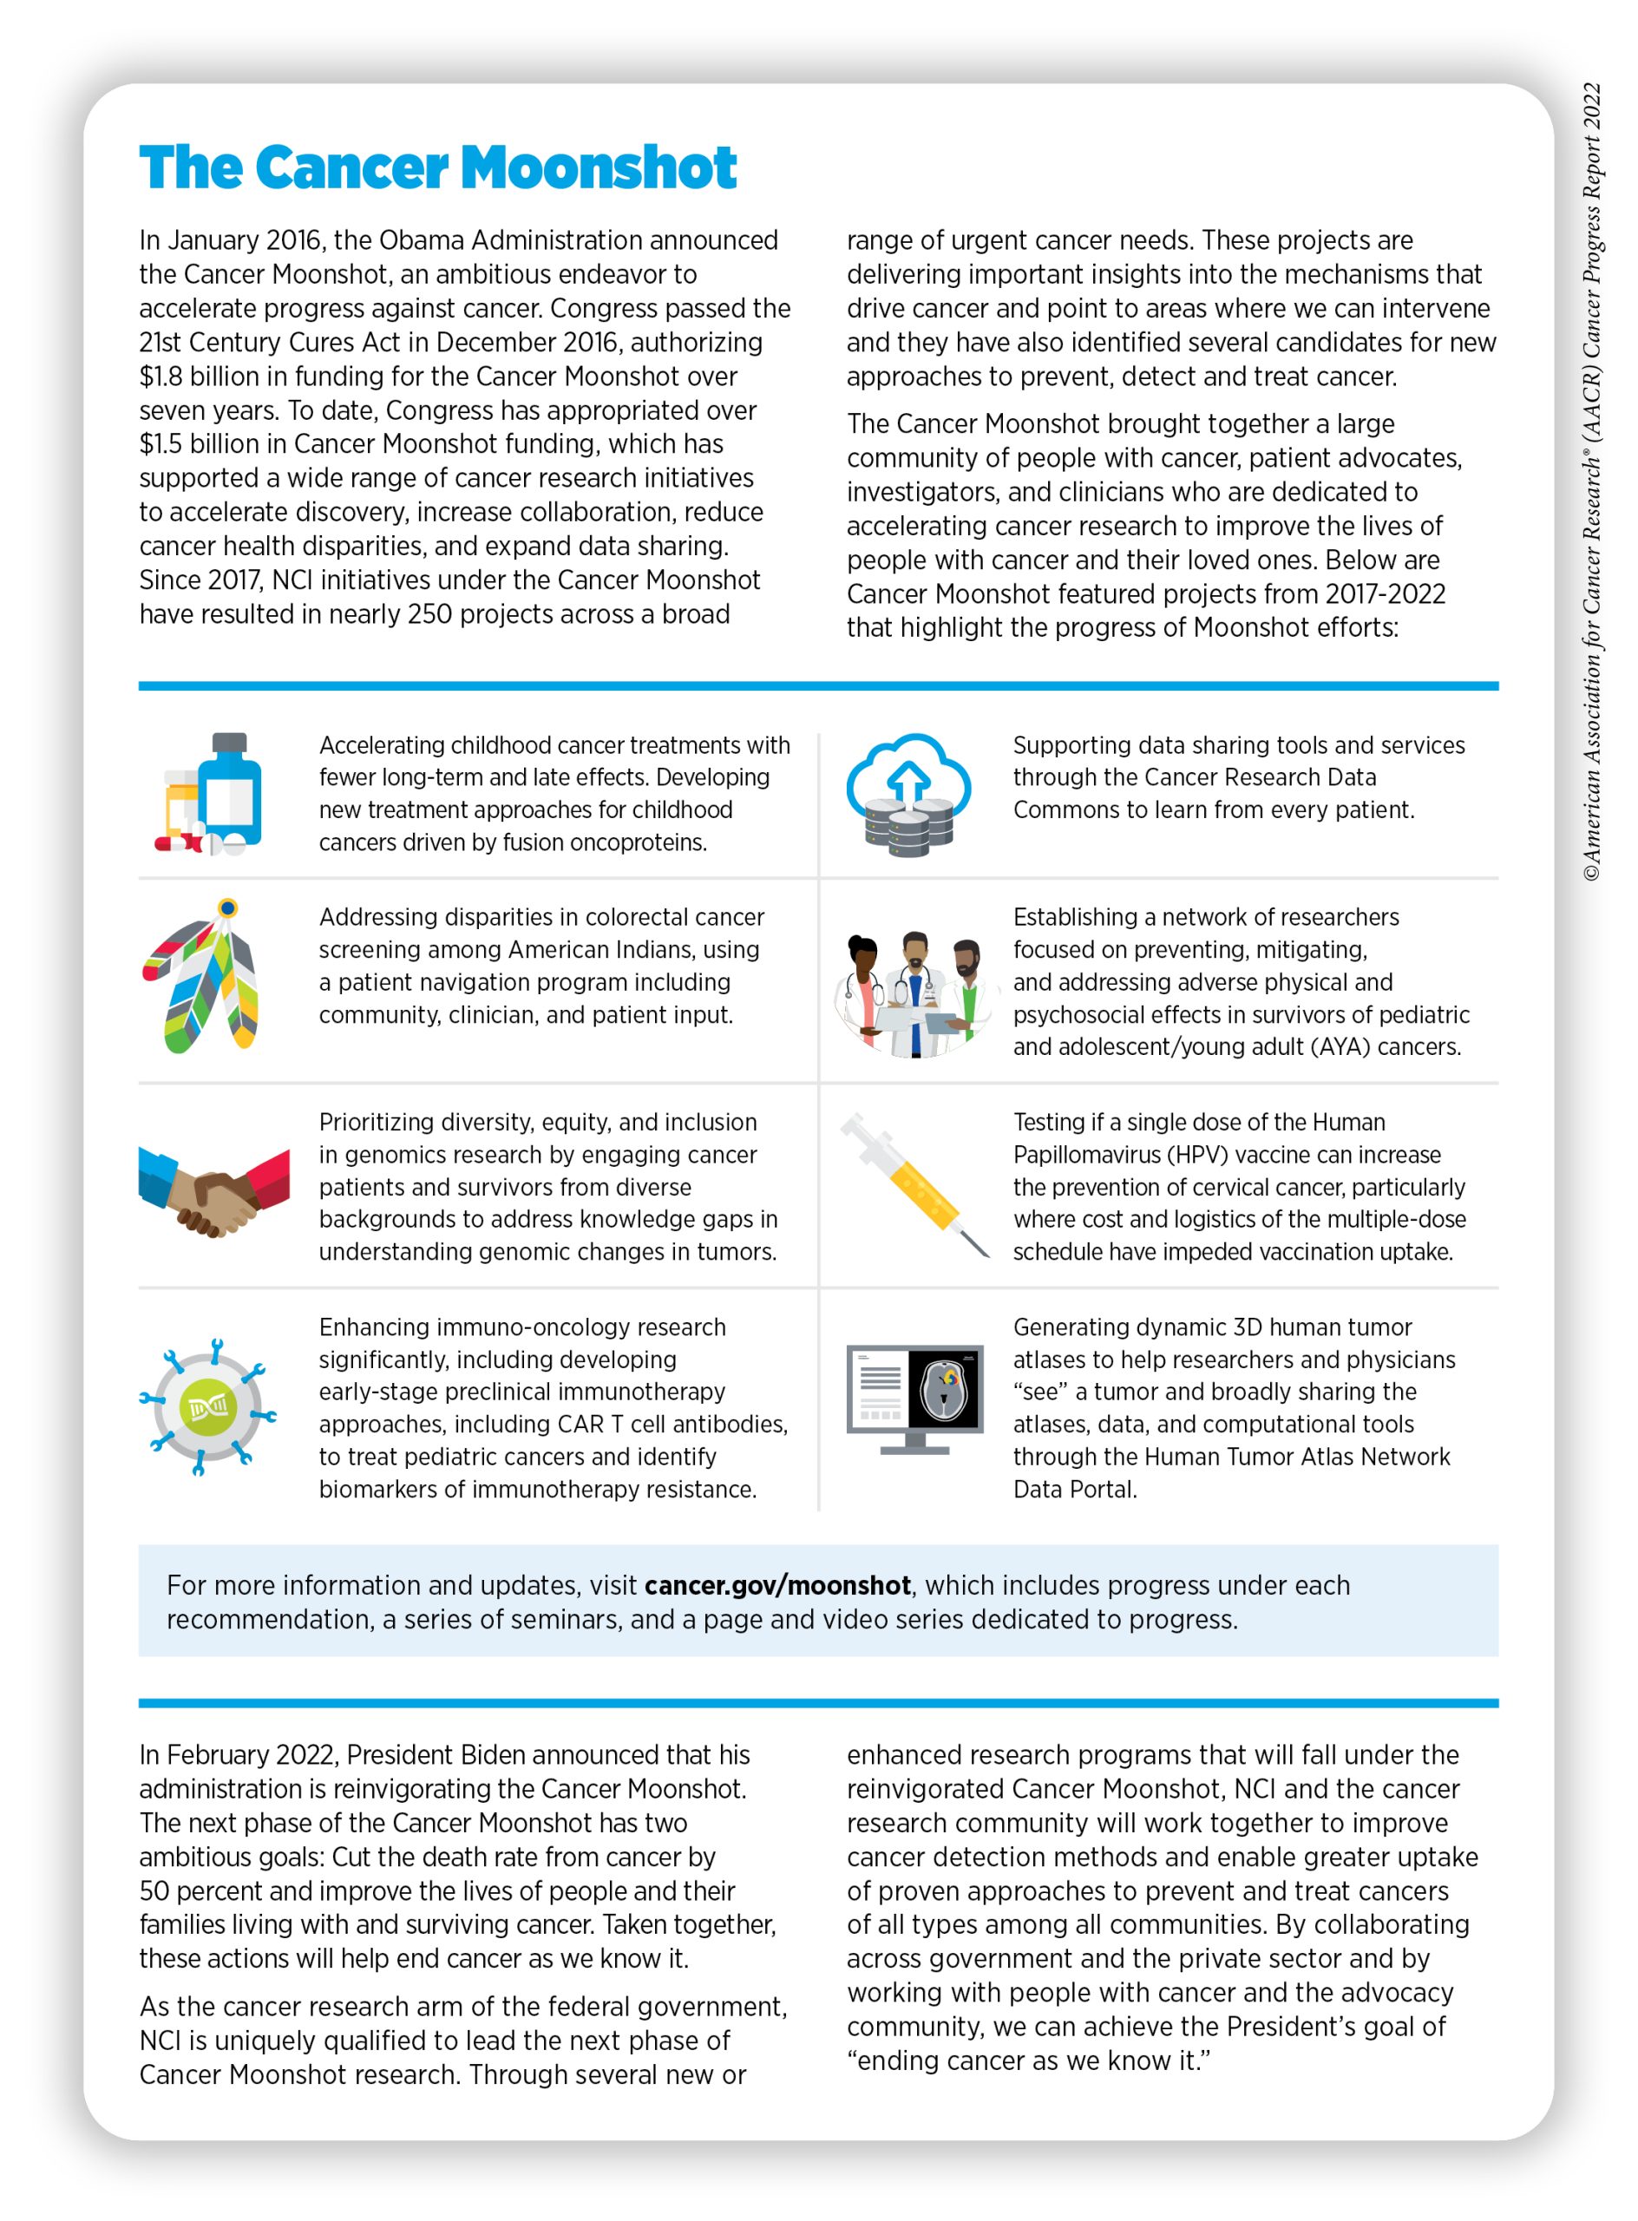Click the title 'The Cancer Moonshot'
(437, 167)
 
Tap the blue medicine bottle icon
(230, 791)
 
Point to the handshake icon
(215, 1191)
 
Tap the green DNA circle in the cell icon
(208, 1406)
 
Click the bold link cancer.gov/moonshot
(777, 1584)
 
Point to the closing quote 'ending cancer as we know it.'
(1028, 2061)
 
